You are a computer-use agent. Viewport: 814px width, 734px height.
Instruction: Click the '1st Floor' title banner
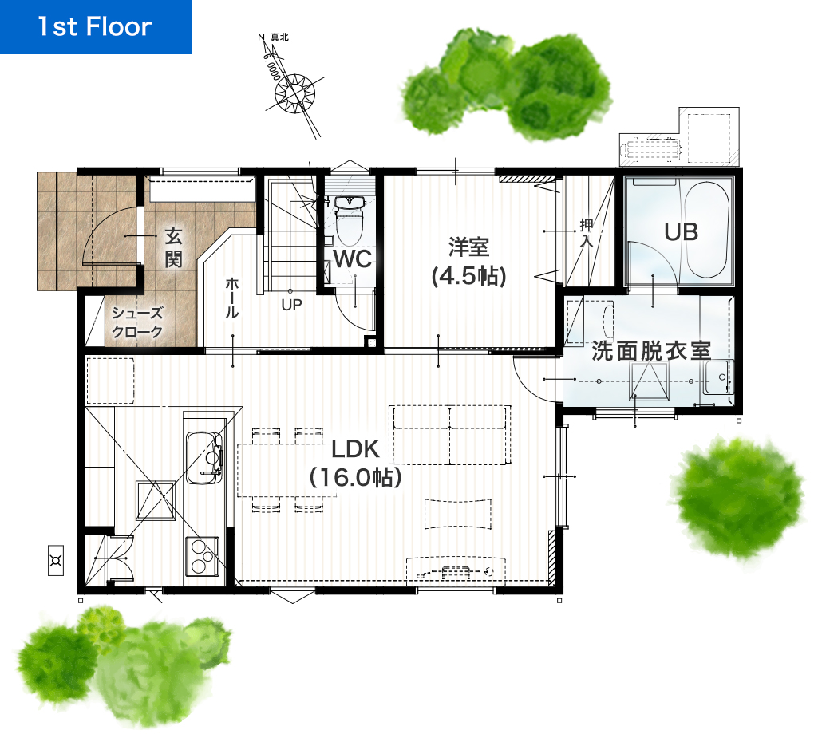pyautogui.click(x=96, y=26)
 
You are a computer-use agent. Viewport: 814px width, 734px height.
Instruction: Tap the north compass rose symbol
pyautogui.click(x=294, y=94)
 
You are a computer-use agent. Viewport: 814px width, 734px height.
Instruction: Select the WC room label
pyautogui.click(x=353, y=259)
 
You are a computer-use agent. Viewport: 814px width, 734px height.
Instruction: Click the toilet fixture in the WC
pyautogui.click(x=350, y=220)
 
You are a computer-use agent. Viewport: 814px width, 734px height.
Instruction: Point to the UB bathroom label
pyautogui.click(x=681, y=232)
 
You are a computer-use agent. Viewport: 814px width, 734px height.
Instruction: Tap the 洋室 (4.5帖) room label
pyautogui.click(x=468, y=262)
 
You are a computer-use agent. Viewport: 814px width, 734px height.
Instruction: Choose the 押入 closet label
pyautogui.click(x=586, y=233)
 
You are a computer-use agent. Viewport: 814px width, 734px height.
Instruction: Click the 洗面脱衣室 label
pyautogui.click(x=651, y=351)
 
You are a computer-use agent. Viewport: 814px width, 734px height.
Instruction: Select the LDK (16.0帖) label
pyautogui.click(x=356, y=463)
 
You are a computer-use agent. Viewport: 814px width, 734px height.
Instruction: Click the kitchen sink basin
pyautogui.click(x=204, y=457)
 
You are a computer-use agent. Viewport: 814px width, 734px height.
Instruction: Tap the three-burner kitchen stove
pyautogui.click(x=202, y=556)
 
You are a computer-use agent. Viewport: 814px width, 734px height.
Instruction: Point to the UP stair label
pyautogui.click(x=291, y=306)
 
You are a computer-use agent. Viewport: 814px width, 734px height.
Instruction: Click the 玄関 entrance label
pyautogui.click(x=173, y=247)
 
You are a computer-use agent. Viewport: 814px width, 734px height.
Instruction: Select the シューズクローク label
pyautogui.click(x=137, y=322)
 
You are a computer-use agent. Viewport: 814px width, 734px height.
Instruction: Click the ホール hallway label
pyautogui.click(x=231, y=298)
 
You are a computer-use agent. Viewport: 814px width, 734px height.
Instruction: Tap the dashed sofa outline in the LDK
pyautogui.click(x=449, y=435)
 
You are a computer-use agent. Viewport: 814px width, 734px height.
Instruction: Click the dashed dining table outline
pyautogui.click(x=286, y=470)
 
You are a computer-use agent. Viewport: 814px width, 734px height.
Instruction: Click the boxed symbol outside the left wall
pyautogui.click(x=56, y=561)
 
